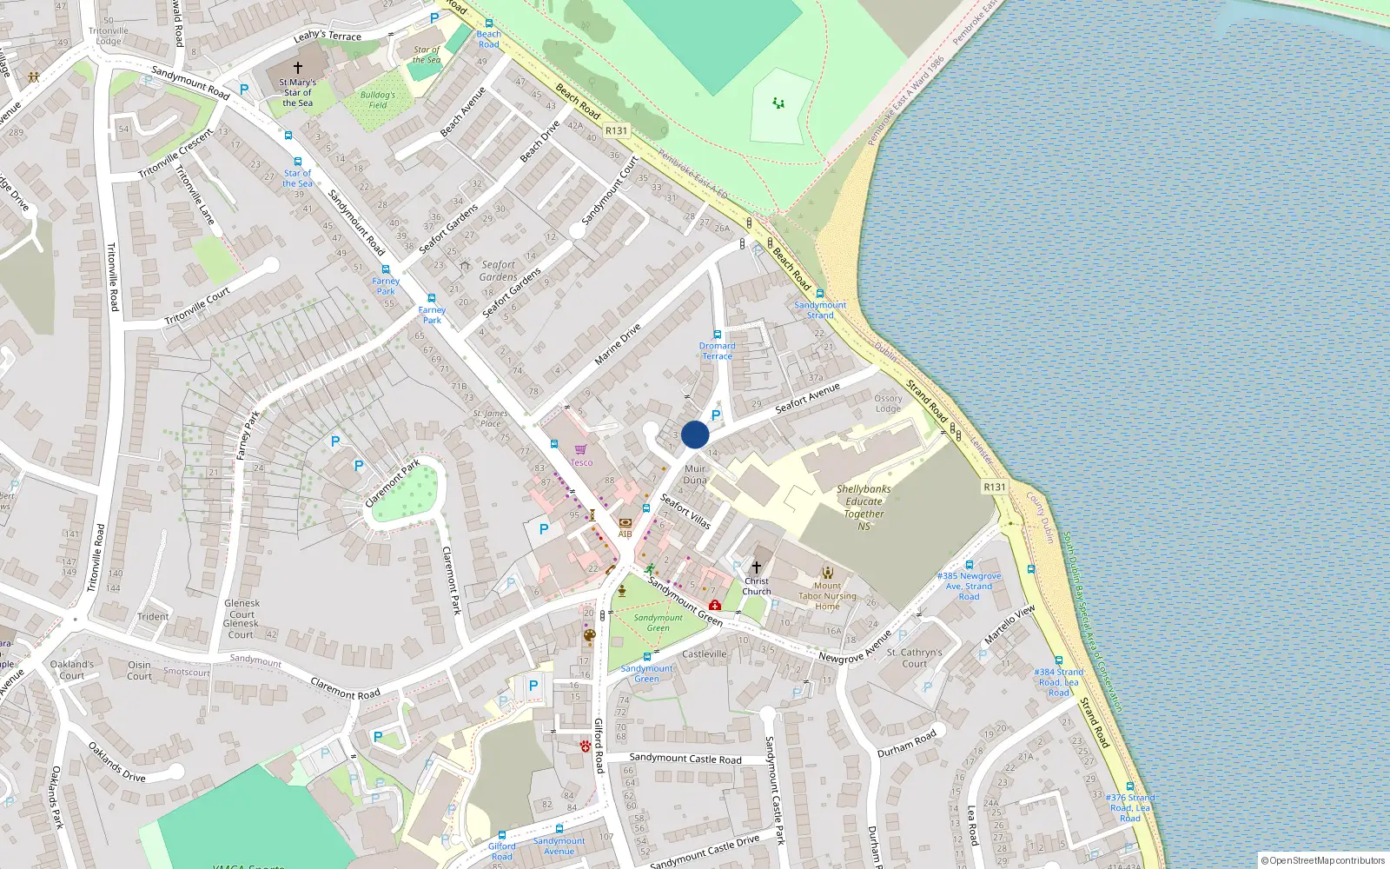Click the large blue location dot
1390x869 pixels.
coord(695,434)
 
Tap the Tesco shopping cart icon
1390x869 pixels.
coord(580,449)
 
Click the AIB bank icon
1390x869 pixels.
coord(625,523)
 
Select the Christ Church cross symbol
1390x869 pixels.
coord(756,567)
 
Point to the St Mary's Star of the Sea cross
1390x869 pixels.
coord(298,67)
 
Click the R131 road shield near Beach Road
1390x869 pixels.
coord(616,130)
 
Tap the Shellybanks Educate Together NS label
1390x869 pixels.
coord(864,507)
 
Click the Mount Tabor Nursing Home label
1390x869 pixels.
coord(827,596)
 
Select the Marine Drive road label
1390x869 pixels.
coord(618,343)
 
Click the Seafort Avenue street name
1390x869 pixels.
coord(807,396)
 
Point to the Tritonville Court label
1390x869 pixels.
coord(197,306)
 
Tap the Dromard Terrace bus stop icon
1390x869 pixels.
coord(718,335)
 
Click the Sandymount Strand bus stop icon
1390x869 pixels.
coord(820,294)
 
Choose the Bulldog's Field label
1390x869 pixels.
coord(378,100)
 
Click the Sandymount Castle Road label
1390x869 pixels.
coord(685,758)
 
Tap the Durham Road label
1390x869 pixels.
coord(906,743)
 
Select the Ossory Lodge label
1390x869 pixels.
coord(888,403)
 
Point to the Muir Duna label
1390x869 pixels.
coord(695,474)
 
